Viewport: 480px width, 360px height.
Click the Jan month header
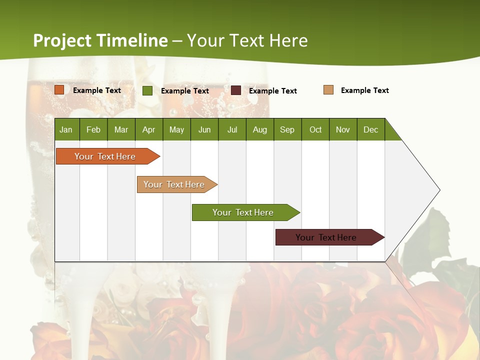pos(66,129)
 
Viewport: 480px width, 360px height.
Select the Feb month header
pos(93,129)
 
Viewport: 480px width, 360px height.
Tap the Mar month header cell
pos(121,129)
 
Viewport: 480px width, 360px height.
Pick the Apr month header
pos(149,129)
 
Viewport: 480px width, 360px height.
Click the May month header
pos(176,129)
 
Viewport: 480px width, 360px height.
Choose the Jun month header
pos(204,129)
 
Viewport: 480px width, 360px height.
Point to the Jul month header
pos(232,129)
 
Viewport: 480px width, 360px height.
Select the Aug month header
pos(260,129)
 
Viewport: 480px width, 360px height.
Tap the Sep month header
pos(287,129)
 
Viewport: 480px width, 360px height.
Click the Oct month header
pos(315,129)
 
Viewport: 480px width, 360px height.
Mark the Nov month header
pos(343,129)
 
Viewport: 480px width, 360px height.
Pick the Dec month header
pos(371,129)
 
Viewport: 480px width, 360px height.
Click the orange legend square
pos(59,90)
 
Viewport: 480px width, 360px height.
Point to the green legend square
pos(147,90)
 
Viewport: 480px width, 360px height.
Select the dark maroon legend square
pos(236,90)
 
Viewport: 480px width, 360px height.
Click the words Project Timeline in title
pos(100,40)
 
